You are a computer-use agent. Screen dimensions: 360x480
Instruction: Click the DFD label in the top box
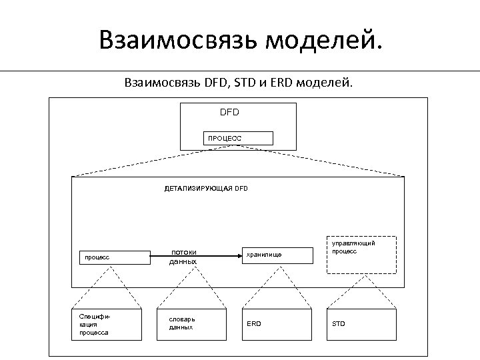pos(229,112)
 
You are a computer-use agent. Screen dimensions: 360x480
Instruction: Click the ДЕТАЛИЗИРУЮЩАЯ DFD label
pos(206,189)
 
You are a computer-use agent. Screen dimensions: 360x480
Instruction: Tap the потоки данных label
pos(183,257)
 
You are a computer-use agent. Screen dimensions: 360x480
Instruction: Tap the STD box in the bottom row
pos(361,324)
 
